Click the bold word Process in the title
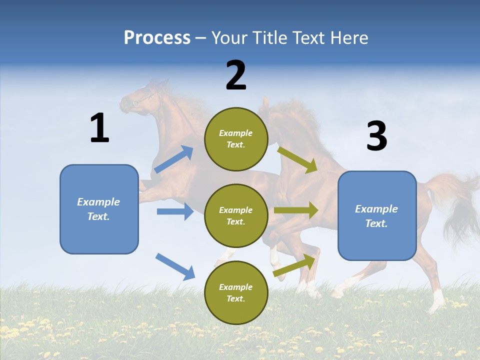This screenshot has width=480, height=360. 157,37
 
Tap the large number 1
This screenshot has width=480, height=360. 99,128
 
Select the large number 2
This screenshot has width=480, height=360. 236,75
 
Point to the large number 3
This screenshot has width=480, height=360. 377,136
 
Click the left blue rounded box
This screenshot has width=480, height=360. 99,209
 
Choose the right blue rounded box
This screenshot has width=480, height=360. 377,215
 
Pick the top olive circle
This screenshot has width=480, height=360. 236,139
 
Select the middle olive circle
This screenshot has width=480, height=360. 236,215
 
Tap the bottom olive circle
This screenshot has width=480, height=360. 236,292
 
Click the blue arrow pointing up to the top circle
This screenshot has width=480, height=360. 173,159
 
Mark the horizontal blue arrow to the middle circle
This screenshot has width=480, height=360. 175,211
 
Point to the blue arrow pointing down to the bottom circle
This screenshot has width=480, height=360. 175,266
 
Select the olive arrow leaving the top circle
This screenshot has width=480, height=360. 297,159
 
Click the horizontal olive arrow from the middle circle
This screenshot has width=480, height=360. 296,210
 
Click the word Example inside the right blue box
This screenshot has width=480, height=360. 376,209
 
